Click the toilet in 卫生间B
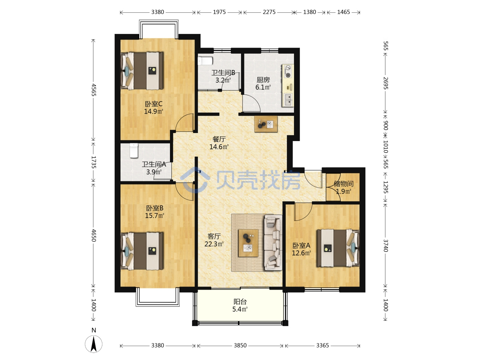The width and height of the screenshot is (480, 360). click(x=205, y=61)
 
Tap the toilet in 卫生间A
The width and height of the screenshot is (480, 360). click(x=134, y=151)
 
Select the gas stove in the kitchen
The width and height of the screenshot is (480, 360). click(x=288, y=71)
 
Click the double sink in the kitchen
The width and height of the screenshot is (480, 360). click(x=288, y=100)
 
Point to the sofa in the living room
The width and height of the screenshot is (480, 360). click(x=273, y=242)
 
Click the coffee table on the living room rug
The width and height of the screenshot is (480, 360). click(x=248, y=243)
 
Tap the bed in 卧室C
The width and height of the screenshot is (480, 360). click(x=142, y=71)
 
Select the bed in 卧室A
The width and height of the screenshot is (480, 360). click(x=338, y=248)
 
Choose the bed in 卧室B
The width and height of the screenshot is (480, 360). click(x=142, y=251)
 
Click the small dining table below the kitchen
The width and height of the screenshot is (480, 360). click(x=266, y=124)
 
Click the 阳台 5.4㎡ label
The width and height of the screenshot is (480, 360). click(x=240, y=305)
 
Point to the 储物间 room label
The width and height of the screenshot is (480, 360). click(x=344, y=184)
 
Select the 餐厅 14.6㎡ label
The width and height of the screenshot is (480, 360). click(x=219, y=143)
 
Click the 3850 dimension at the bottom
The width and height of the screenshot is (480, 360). click(x=240, y=346)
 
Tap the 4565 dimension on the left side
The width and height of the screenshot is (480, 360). click(x=94, y=90)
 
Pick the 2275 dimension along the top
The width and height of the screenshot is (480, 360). click(x=269, y=12)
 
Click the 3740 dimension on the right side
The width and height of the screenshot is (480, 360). click(x=385, y=245)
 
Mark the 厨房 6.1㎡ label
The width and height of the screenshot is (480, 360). click(x=263, y=83)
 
